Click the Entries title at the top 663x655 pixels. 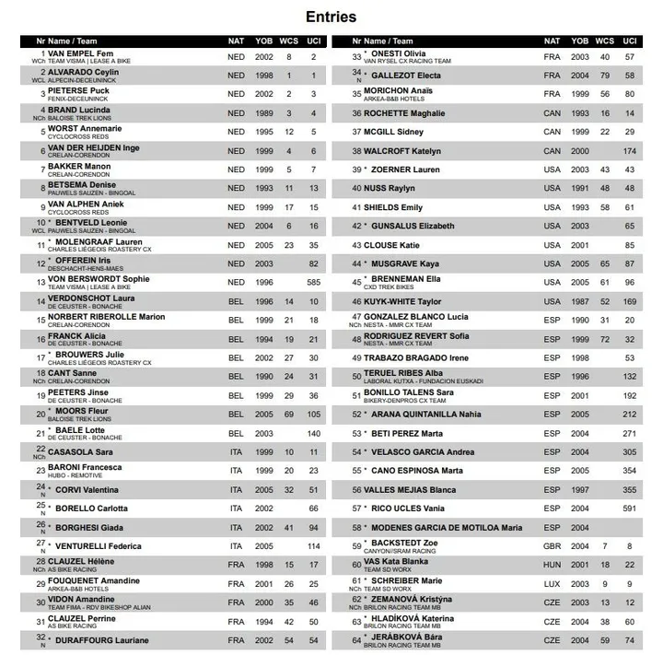[331, 17]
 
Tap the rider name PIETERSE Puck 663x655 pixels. [78, 90]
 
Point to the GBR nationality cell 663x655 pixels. [552, 545]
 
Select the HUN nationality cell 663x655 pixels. [552, 564]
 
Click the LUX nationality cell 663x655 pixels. [552, 583]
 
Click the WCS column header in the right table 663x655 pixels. [604, 41]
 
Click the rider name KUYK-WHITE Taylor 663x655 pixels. [402, 300]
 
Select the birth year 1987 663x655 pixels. [579, 300]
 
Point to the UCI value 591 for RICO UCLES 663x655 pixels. [629, 508]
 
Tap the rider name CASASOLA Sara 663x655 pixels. [80, 451]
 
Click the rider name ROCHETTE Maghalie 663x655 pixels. [403, 113]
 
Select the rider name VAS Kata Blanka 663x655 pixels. [395, 560]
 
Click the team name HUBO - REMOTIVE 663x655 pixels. [75, 475]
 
